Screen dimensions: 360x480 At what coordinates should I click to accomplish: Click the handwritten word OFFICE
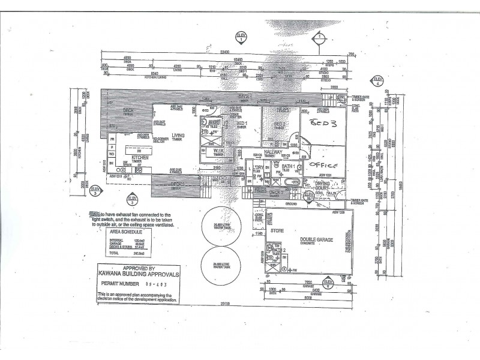pos(325,165)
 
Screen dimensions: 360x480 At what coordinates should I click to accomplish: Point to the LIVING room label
pos(178,136)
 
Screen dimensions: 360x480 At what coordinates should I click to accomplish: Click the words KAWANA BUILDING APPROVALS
pos(138,275)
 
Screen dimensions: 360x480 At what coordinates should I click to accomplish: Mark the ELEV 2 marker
pos(95,191)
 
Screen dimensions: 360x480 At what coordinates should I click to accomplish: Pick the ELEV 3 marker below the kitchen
pos(133,199)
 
